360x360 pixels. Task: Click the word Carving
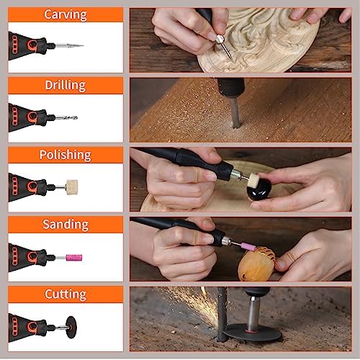coord(66,15)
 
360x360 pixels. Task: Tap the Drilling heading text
coord(66,85)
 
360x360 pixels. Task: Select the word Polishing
coord(66,155)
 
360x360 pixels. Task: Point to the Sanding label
coord(66,225)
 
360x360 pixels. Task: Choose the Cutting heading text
coord(66,294)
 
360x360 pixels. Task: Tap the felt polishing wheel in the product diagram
coord(72,187)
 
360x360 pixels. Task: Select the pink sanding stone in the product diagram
coord(74,258)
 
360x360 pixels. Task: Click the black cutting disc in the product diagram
coord(71,327)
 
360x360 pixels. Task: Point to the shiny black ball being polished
coord(259,190)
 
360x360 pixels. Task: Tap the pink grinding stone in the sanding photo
coord(248,246)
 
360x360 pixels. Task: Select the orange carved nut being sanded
coord(257,264)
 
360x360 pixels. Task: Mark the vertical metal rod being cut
coord(222,315)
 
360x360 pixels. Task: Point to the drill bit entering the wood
coord(235,112)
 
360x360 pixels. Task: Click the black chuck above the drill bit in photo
coord(231,87)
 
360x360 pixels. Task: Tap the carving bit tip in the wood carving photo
coord(232,59)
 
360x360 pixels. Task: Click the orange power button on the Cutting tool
coord(32,327)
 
